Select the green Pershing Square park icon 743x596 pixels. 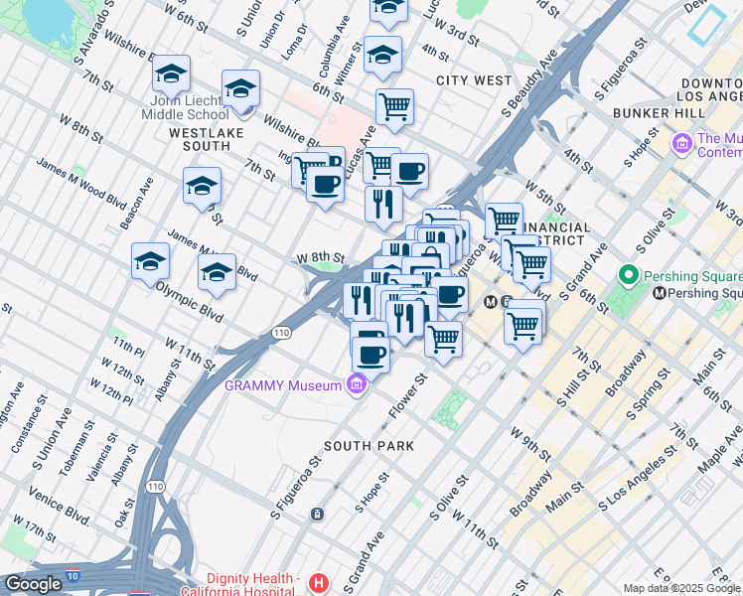(x=628, y=274)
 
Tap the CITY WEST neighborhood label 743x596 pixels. (x=473, y=79)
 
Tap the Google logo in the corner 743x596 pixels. (x=33, y=584)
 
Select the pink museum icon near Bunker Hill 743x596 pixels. (x=681, y=144)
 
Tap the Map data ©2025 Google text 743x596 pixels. (x=681, y=588)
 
